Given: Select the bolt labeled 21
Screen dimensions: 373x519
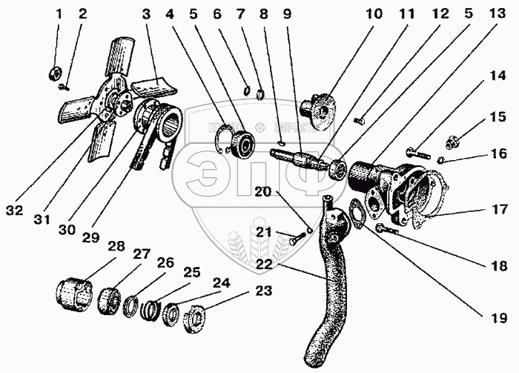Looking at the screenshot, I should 292,238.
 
